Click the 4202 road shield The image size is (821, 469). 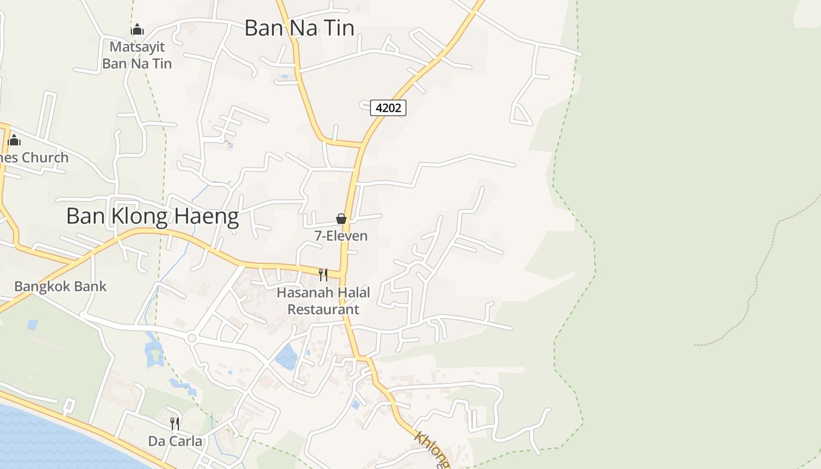click(x=388, y=108)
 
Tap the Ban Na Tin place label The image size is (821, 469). click(x=299, y=28)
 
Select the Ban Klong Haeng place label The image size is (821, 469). click(x=152, y=217)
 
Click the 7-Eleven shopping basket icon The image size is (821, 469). click(x=341, y=219)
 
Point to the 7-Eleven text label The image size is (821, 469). click(x=341, y=236)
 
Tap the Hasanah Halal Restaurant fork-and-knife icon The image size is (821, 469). click(x=323, y=274)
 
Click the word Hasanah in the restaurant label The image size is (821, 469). click(x=303, y=292)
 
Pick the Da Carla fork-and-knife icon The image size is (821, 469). click(x=175, y=423)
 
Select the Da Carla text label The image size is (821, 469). click(x=175, y=441)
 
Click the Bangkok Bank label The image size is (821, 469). click(x=60, y=287)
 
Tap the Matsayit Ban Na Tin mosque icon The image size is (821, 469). click(x=137, y=29)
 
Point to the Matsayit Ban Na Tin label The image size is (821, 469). click(x=137, y=55)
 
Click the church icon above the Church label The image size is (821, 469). click(x=14, y=140)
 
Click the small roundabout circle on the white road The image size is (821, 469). click(x=191, y=338)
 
